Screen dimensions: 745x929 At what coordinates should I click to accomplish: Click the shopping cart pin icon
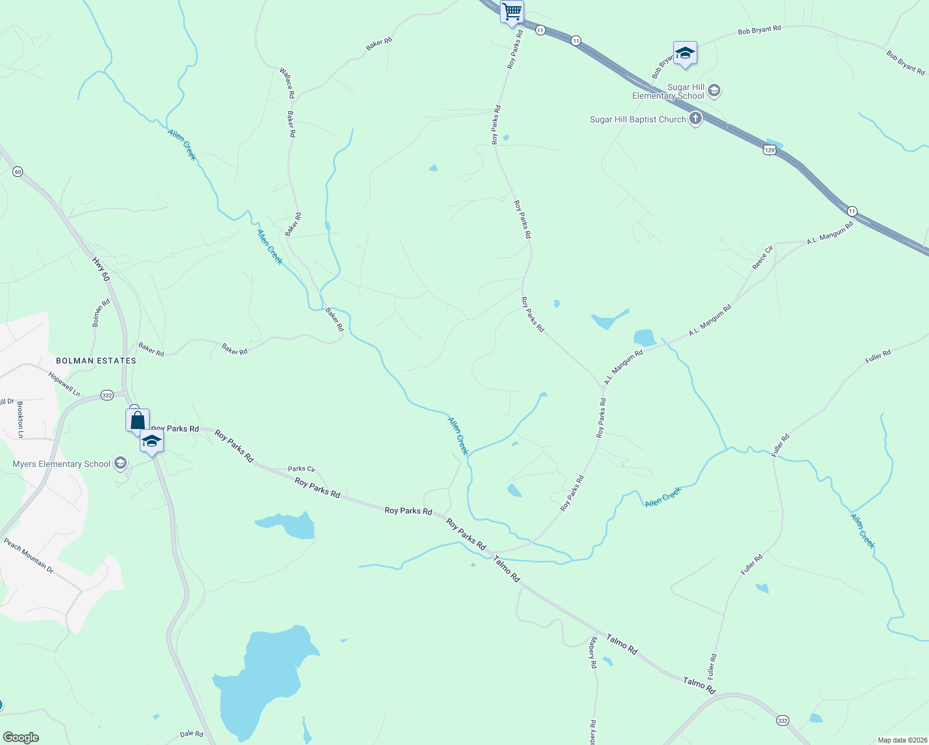coord(512,12)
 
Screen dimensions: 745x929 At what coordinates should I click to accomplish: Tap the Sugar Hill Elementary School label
coord(668,92)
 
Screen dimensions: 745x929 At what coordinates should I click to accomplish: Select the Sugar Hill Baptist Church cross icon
coord(696,119)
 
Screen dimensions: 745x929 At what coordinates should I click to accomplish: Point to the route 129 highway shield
coord(769,150)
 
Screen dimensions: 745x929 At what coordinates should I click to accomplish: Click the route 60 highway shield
coord(17,171)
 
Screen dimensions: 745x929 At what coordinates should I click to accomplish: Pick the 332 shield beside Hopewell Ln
coord(107,395)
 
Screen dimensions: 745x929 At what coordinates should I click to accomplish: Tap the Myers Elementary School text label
coord(61,464)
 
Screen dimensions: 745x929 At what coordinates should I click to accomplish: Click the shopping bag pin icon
coord(137,420)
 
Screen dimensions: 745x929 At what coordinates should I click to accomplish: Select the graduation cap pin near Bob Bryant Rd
coord(684,53)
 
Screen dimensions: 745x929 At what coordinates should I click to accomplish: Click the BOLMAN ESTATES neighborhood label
coord(96,361)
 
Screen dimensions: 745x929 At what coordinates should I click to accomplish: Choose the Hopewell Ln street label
coord(64,384)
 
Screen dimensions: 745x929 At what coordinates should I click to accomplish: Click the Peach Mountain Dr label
coord(29,555)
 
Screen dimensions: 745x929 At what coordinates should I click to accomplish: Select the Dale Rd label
coord(191,734)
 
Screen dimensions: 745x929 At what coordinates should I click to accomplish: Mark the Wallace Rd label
coord(287,83)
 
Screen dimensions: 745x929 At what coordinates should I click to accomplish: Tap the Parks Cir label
coord(301,469)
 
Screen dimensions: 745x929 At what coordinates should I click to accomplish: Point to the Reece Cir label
coord(763,258)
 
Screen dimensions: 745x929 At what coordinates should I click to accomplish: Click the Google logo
coord(20,738)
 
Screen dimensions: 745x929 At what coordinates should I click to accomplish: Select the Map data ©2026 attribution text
coord(902,740)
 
